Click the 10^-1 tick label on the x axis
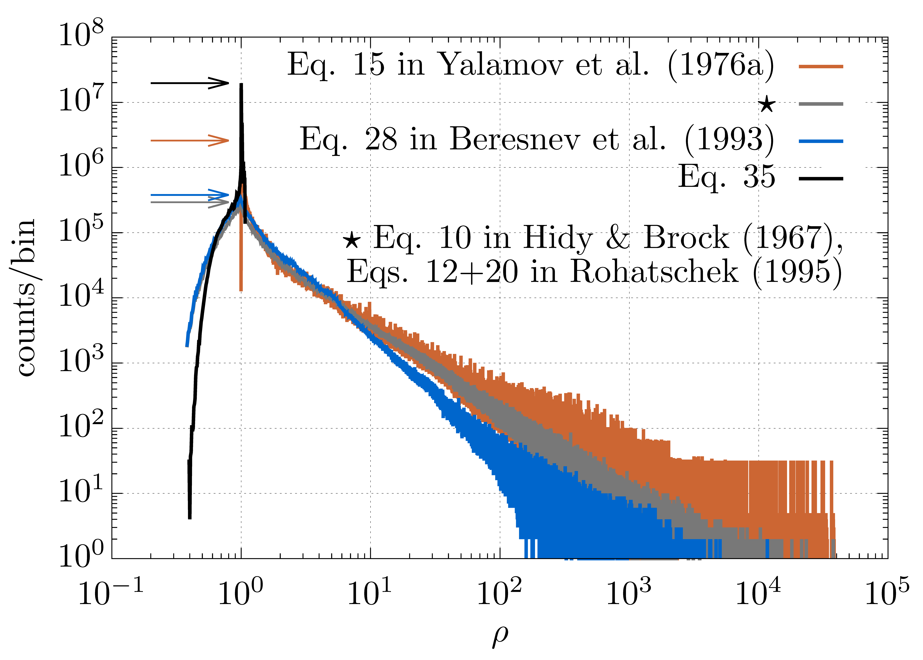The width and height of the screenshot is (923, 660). click(x=111, y=593)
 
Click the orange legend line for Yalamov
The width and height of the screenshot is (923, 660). click(x=821, y=66)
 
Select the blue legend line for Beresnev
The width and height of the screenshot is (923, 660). click(x=821, y=141)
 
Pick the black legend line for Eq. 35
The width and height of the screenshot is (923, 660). click(x=821, y=178)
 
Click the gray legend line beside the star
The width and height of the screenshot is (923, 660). click(x=821, y=104)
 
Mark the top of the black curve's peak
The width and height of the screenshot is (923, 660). click(x=241, y=85)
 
